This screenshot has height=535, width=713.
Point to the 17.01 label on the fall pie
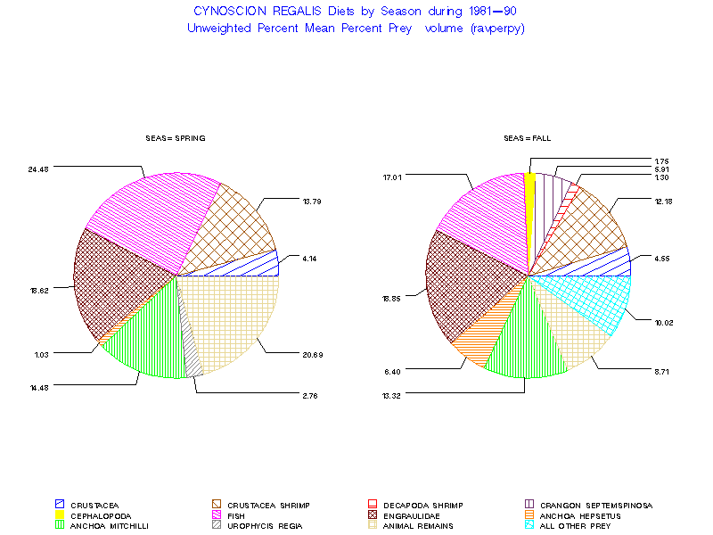(392, 177)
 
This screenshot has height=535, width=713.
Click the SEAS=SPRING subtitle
(176, 138)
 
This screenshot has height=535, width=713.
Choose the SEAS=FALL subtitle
(529, 138)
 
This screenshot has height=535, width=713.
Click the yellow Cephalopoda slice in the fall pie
(530, 214)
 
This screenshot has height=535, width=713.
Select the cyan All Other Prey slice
(588, 299)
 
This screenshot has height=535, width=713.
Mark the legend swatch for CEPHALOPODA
(60, 515)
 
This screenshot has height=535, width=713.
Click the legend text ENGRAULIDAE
(413, 515)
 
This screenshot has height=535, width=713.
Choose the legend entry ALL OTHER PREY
(584, 526)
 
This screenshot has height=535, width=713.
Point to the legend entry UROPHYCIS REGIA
(266, 526)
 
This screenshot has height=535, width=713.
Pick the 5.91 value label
(662, 169)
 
